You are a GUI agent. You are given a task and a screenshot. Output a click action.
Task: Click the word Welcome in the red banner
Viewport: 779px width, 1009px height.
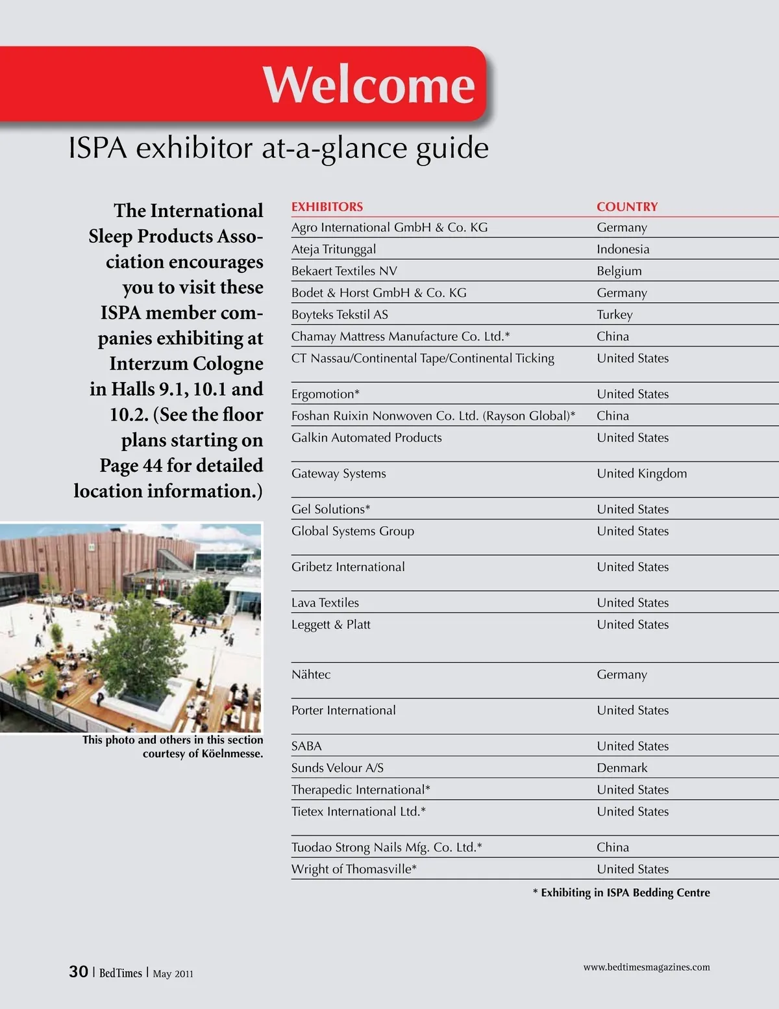point(369,84)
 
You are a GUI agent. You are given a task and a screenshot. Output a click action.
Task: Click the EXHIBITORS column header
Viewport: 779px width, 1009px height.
point(327,207)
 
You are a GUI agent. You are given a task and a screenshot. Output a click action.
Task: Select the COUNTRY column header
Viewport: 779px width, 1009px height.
point(627,207)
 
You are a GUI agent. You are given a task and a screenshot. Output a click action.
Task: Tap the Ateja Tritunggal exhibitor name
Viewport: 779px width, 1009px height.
point(334,249)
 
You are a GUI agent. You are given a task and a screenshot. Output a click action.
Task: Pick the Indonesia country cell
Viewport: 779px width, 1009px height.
point(623,249)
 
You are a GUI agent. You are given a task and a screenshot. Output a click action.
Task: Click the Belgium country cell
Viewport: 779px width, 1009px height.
point(619,271)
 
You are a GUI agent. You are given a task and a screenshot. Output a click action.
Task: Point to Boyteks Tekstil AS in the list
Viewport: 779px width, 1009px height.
point(340,314)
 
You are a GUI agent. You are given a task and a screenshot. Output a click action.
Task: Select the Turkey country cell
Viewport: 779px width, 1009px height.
point(614,314)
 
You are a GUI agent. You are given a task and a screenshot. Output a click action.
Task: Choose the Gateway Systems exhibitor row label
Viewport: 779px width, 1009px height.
point(338,474)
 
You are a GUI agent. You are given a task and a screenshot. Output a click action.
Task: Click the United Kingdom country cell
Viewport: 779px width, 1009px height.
point(641,474)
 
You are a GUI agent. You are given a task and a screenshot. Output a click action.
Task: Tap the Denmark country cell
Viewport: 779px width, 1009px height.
point(622,768)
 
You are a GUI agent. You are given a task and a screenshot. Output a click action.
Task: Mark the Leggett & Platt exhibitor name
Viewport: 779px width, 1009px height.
point(330,624)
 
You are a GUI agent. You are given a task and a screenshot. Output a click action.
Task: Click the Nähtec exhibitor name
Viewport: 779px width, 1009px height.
point(311,674)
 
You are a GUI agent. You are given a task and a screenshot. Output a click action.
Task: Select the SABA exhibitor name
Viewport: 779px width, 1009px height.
point(306,746)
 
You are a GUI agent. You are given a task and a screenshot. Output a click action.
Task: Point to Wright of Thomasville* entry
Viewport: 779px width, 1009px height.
point(354,869)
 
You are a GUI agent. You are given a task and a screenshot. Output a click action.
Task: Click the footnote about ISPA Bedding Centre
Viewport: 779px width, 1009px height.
point(621,893)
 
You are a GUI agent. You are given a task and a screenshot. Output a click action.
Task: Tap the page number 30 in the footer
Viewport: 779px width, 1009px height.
point(79,971)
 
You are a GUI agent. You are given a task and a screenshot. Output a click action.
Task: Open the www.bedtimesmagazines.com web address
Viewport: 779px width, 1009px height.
point(646,967)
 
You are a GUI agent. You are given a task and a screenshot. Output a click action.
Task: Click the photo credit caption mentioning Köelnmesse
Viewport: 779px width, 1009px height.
point(173,747)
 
